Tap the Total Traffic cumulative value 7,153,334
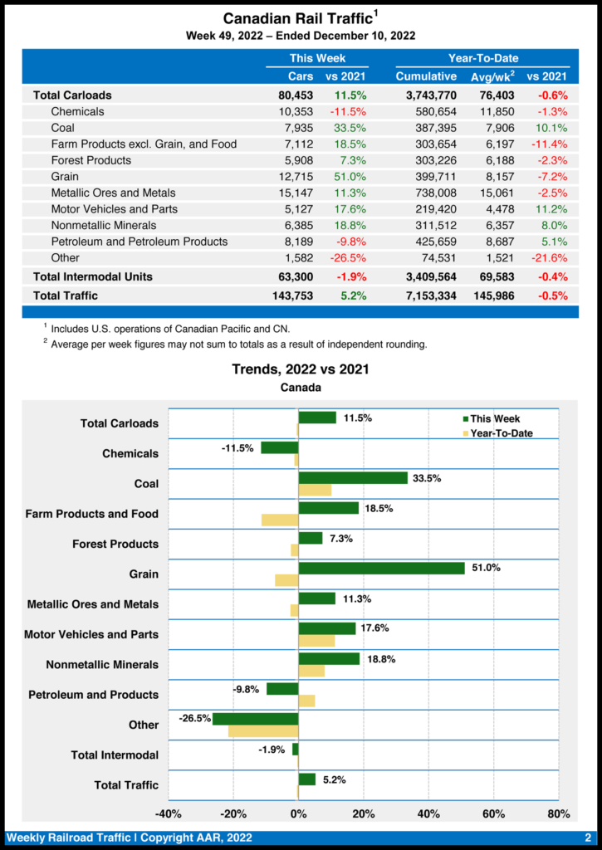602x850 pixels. [426, 296]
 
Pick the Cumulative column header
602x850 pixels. [426, 76]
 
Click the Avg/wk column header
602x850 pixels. [492, 76]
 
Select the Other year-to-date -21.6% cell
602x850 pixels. [549, 257]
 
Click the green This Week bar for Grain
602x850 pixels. [381, 569]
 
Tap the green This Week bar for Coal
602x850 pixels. [353, 478]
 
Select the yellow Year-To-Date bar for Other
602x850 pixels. [263, 731]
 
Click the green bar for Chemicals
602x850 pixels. [280, 447]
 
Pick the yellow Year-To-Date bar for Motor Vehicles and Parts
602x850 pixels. [316, 641]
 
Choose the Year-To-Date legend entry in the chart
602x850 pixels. [501, 433]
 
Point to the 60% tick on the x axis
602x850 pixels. [493, 813]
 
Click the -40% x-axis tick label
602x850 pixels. [169, 813]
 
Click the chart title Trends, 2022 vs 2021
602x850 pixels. [301, 369]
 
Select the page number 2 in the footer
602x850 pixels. [587, 838]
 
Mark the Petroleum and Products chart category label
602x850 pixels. [93, 695]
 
